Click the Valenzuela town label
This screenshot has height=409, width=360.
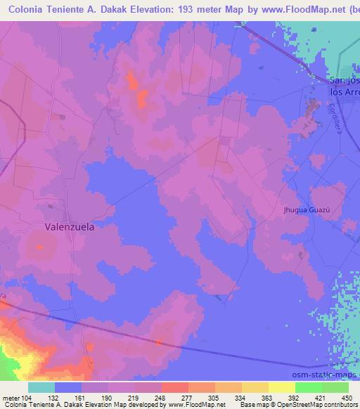coord(70,227)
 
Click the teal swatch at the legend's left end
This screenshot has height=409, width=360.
coord(41,387)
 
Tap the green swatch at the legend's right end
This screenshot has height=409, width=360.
coord(335,387)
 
